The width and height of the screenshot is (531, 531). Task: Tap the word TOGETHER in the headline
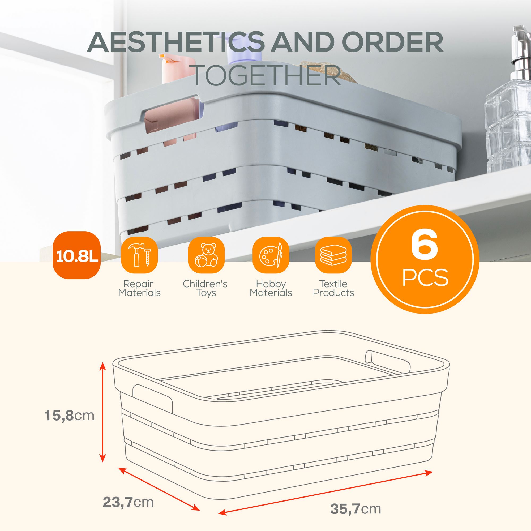point(267,75)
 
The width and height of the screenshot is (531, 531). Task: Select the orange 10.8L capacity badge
point(77,255)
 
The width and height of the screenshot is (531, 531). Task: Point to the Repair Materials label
point(139,288)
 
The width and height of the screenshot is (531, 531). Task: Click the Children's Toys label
point(205,288)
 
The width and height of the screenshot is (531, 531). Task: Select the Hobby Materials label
point(271,288)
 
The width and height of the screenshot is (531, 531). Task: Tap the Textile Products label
point(333,288)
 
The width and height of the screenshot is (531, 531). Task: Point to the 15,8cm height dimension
point(69,416)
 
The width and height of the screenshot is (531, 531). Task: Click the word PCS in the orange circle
point(425,278)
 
